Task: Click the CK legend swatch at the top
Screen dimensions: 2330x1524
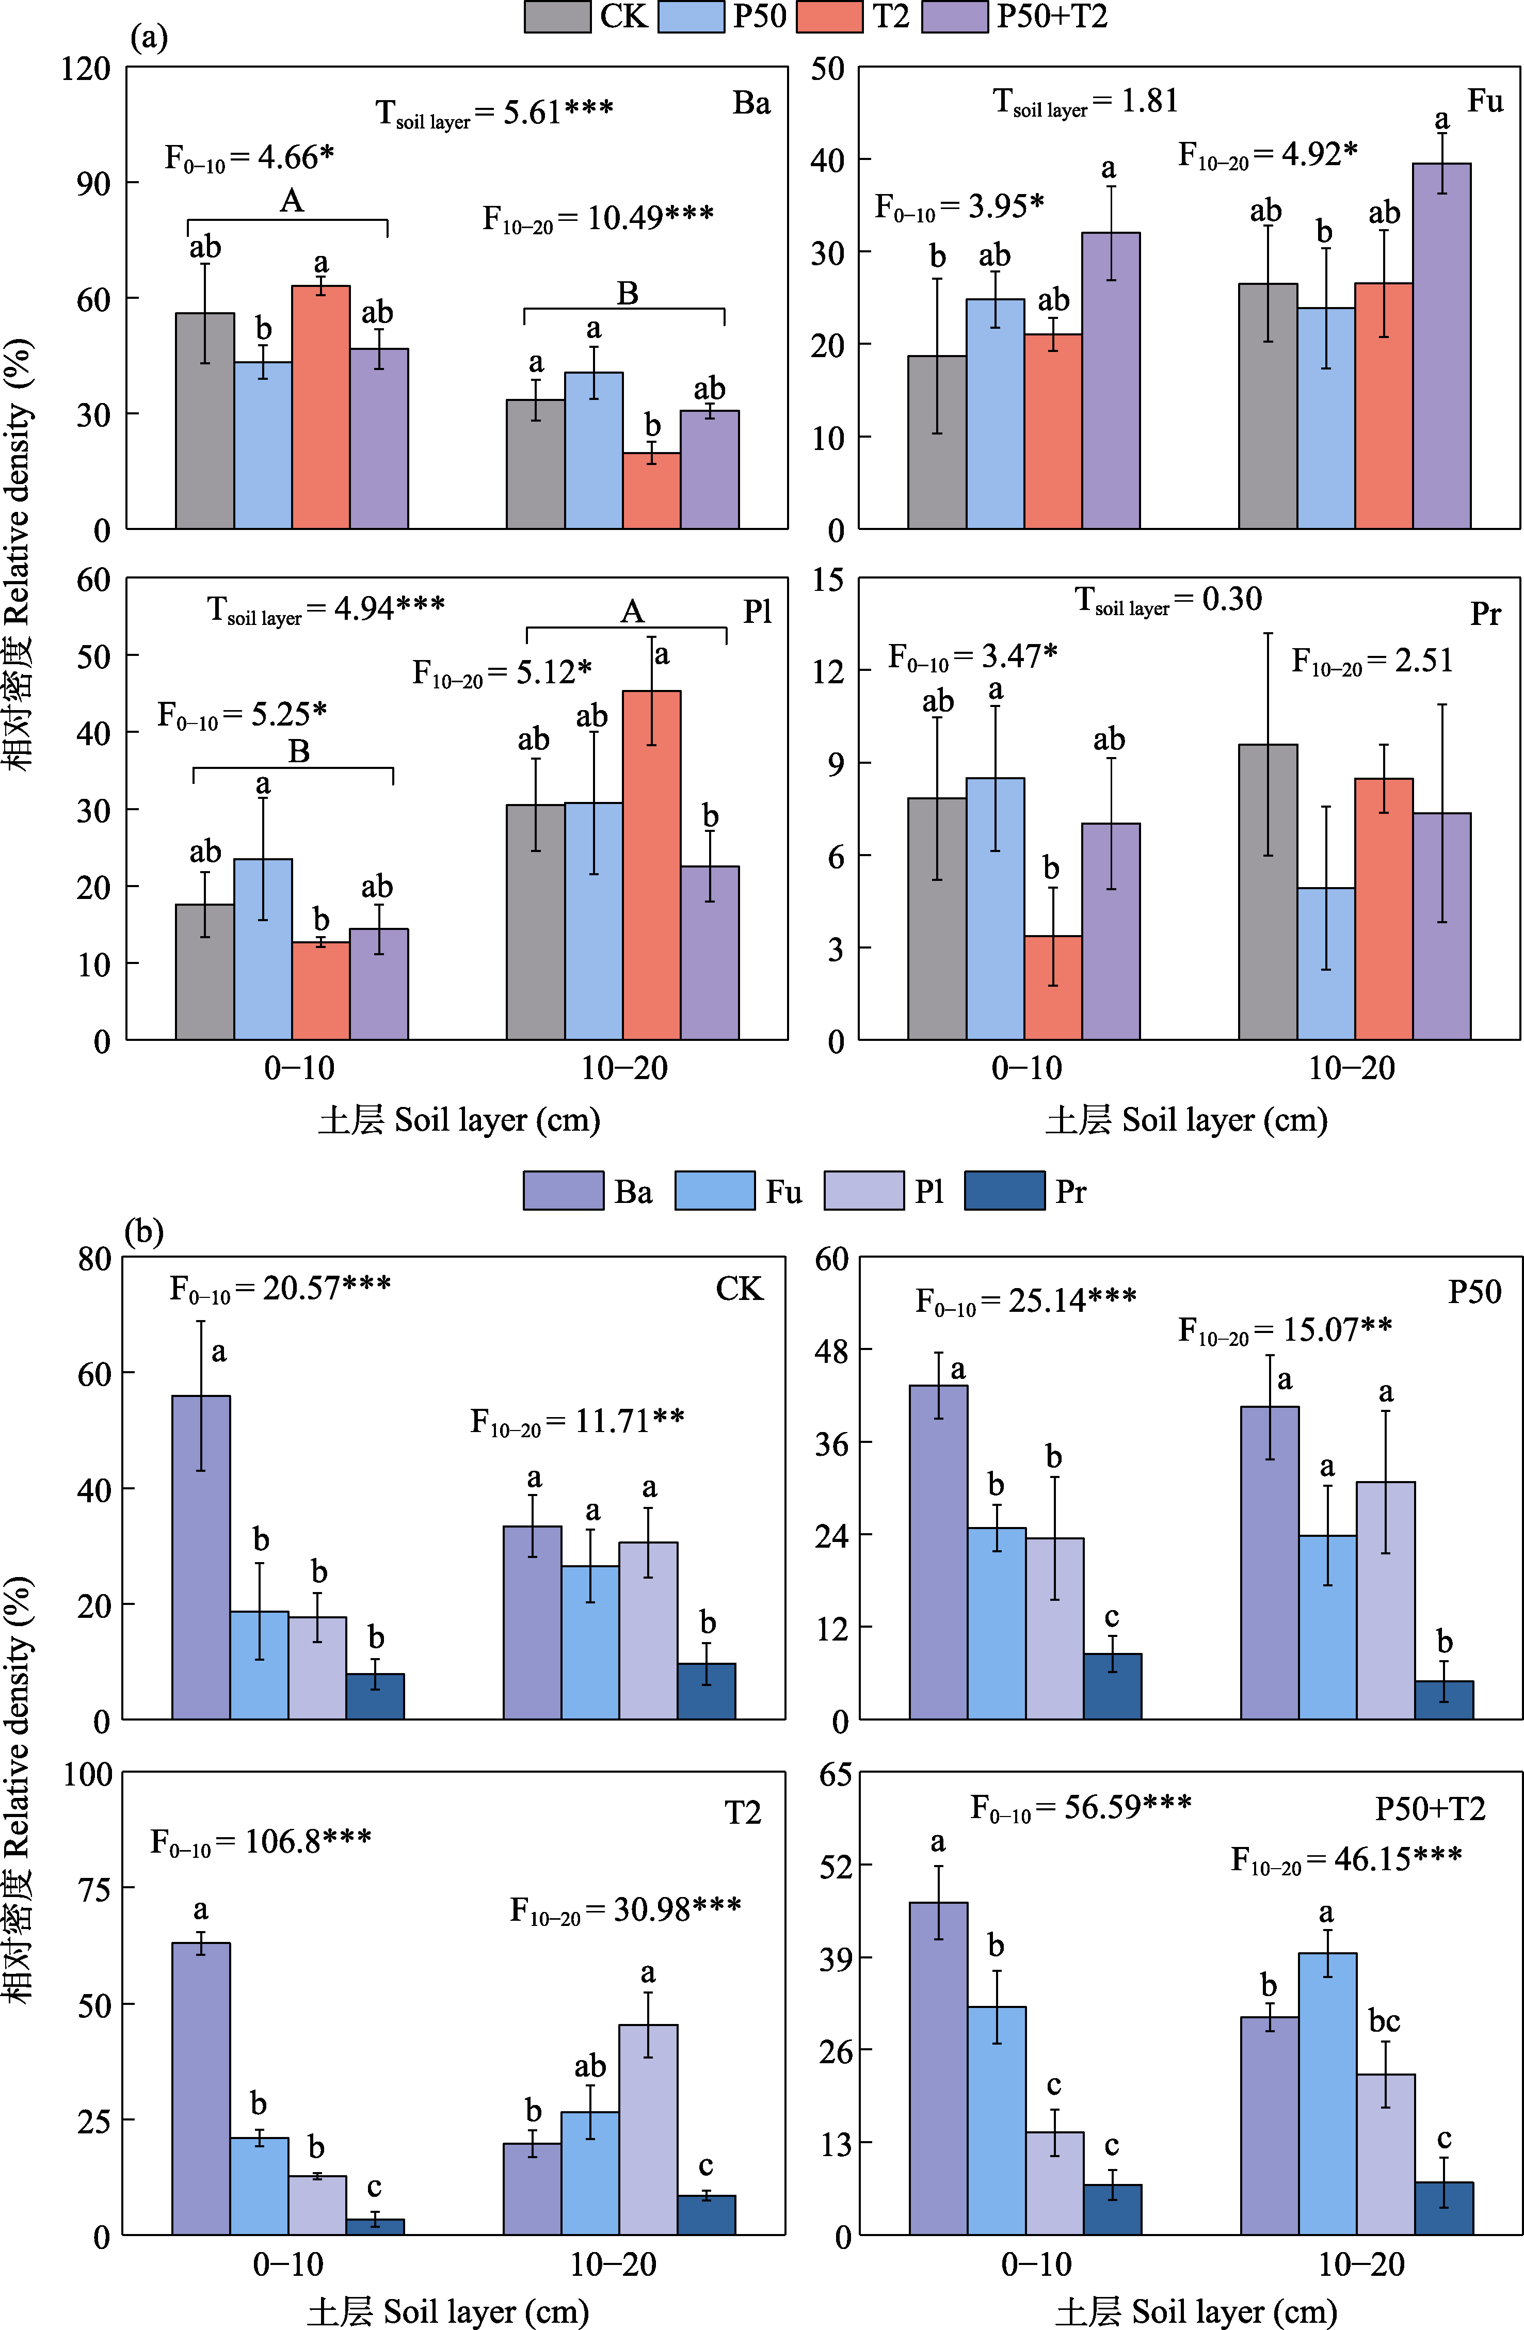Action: pos(557,17)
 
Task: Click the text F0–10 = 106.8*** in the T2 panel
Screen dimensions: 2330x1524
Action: pos(260,1841)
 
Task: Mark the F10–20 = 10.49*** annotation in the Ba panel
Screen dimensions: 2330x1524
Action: pos(597,217)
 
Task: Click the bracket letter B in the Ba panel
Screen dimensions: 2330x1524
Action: pos(628,293)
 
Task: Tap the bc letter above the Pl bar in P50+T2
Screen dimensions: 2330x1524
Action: pos(1384,2021)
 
